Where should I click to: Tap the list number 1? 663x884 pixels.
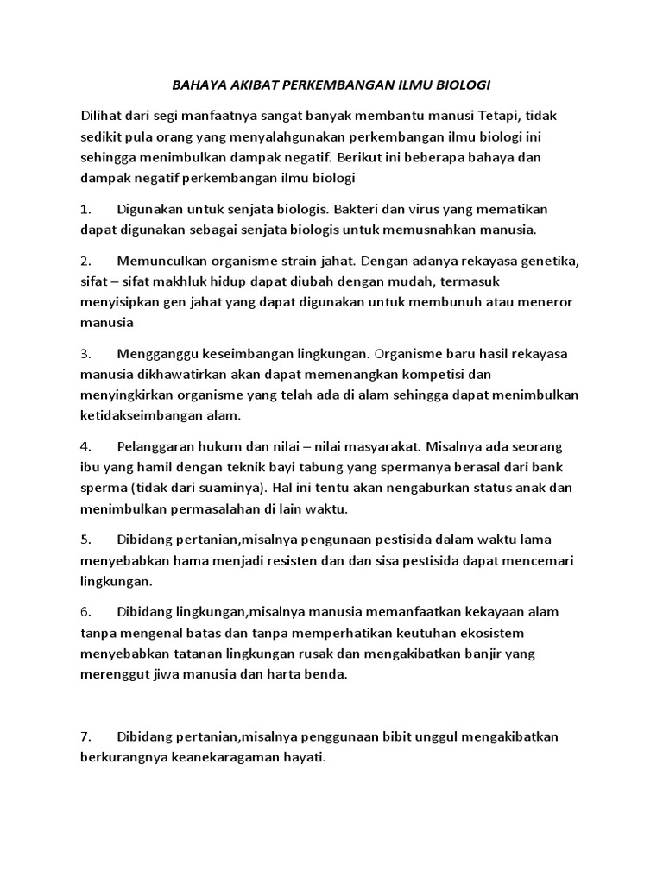85,209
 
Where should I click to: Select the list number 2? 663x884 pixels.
85,260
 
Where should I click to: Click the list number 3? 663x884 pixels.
85,353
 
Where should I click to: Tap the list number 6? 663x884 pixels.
85,611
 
